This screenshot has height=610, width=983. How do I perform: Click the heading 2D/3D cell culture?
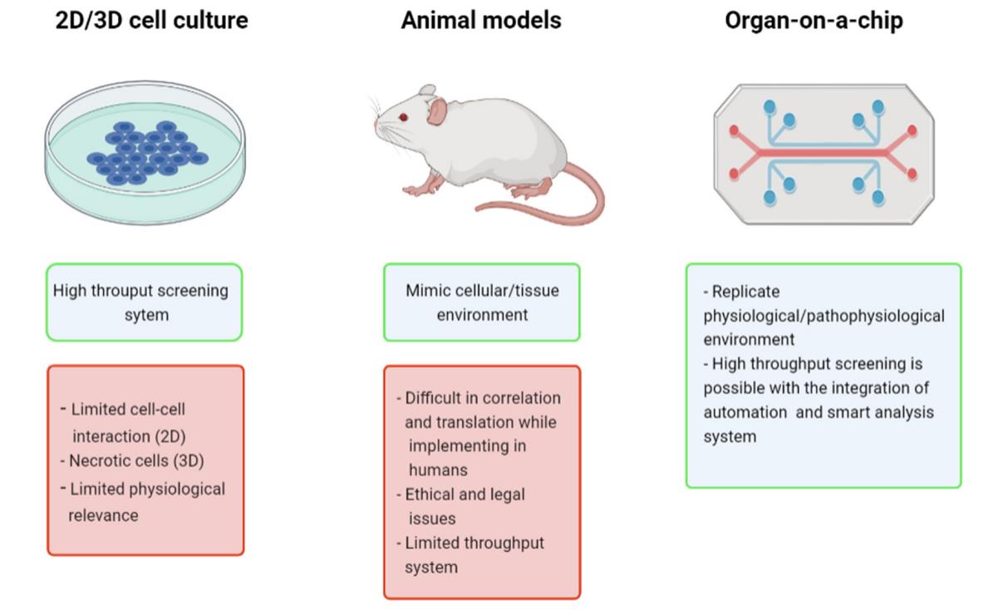151,20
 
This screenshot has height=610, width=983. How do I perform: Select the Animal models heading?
480,20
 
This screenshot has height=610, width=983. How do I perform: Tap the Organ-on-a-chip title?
813,20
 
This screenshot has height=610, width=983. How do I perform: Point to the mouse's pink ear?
437,111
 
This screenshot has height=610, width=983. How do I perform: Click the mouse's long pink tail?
582,204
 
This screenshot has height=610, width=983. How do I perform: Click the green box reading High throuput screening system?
144,303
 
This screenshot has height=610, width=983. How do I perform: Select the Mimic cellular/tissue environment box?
482,303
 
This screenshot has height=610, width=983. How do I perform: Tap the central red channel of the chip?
823,153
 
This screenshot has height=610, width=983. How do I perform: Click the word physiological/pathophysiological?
823,316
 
